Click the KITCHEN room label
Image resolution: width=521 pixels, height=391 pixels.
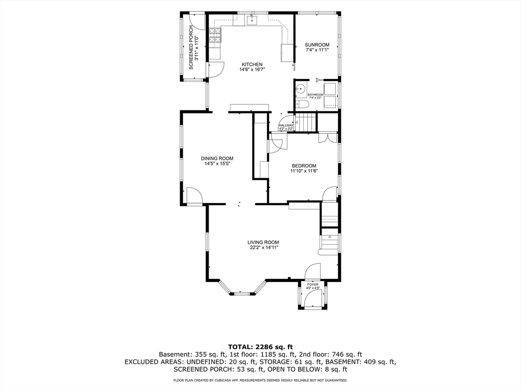(252, 65)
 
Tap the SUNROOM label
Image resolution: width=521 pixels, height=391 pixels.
(317, 45)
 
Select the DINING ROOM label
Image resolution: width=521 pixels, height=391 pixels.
(217, 159)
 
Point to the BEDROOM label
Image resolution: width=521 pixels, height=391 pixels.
(304, 166)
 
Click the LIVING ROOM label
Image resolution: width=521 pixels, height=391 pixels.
(263, 242)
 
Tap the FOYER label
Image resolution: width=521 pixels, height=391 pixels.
(313, 285)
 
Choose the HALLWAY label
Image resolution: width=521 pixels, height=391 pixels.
(286, 125)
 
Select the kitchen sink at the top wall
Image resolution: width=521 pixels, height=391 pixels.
(252, 20)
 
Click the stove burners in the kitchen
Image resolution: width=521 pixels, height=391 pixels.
(215, 36)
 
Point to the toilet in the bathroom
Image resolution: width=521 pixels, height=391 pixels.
(302, 105)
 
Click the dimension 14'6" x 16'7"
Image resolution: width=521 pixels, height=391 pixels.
(252, 70)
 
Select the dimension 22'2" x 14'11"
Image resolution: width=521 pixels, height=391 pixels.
(263, 248)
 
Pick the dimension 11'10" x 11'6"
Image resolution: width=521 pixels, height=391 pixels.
(304, 171)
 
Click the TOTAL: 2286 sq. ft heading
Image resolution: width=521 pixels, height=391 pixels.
(260, 347)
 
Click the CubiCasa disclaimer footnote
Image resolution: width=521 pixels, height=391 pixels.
(260, 380)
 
